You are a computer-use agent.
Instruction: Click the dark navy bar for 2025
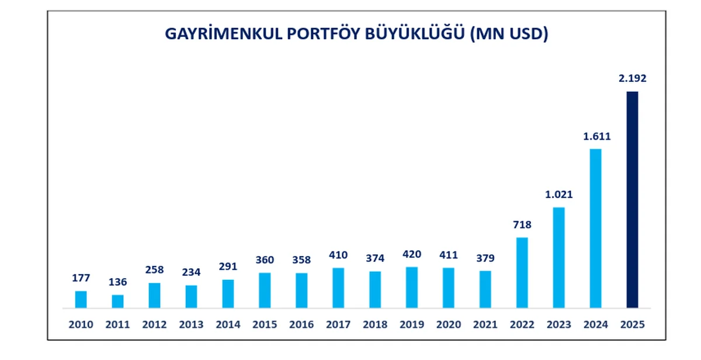coord(632,199)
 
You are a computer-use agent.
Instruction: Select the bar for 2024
coord(595,228)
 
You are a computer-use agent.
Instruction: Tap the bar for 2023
coord(558,257)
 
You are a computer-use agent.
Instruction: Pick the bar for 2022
coord(522,272)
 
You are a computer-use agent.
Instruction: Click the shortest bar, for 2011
coord(117,301)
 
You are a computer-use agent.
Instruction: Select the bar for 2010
coord(81,299)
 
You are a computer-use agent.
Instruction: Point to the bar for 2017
coord(338,288)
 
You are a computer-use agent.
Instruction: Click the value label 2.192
coord(632,78)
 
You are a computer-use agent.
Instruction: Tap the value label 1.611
coord(595,136)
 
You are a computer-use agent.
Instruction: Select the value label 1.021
coord(558,195)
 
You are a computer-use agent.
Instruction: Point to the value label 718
coord(522,224)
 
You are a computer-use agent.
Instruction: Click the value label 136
coord(117,282)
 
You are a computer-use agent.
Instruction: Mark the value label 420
coord(412,254)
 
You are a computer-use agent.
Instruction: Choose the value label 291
coord(228,266)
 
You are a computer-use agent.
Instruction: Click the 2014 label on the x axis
coord(228,324)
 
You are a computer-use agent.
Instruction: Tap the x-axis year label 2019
coord(412,324)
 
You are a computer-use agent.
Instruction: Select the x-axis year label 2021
coord(485,324)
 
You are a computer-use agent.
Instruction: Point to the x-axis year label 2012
coord(154,324)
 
